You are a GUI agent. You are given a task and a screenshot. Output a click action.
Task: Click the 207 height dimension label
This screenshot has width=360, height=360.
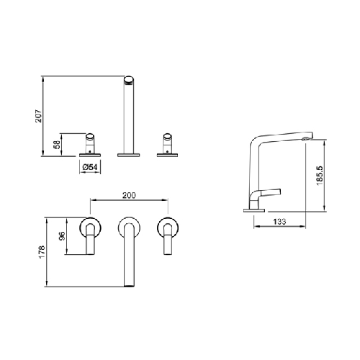click(39, 116)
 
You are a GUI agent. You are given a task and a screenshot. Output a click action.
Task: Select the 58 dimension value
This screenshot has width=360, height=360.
click(58, 145)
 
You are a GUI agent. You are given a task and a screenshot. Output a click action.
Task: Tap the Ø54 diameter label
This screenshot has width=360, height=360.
click(90, 167)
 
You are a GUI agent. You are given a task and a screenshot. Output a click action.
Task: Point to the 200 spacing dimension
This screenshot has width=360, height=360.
click(129, 195)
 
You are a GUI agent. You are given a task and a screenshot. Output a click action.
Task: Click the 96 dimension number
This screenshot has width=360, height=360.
click(62, 236)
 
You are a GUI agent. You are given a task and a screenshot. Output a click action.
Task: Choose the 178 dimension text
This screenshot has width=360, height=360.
click(42, 252)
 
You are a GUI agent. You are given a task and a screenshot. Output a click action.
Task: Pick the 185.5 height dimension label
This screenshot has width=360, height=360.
click(320, 176)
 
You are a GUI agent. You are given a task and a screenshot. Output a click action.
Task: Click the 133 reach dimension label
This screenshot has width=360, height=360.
click(279, 221)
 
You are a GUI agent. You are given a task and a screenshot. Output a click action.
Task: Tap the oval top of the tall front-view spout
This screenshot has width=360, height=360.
click(129, 80)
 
